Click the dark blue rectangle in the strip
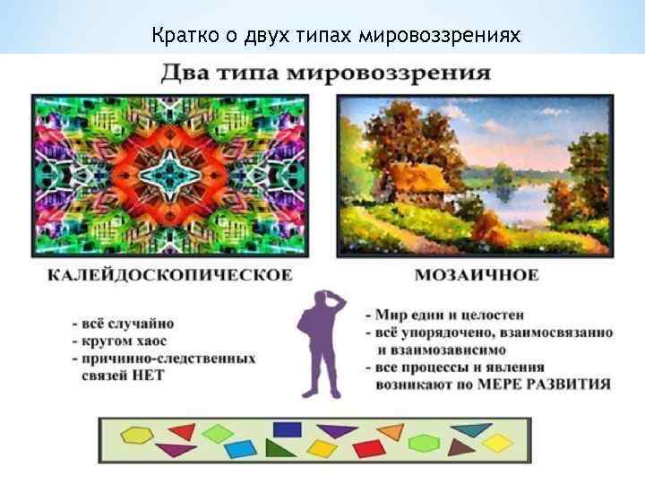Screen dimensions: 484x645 coord(287,429)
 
